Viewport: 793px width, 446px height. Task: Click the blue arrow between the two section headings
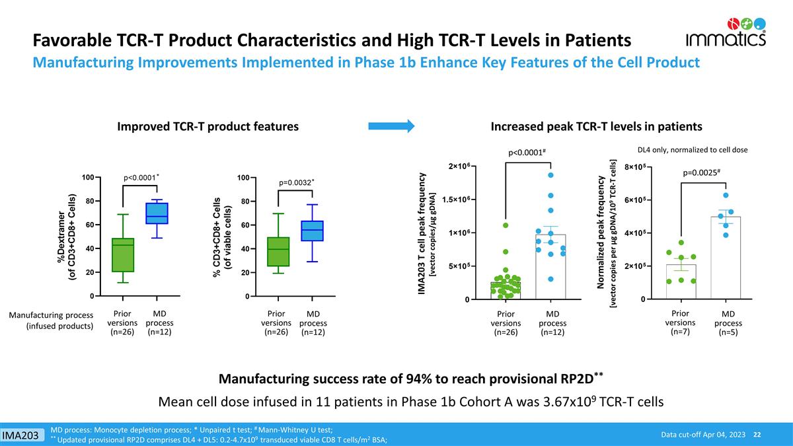(391, 126)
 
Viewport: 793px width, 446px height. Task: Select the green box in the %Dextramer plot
(123, 254)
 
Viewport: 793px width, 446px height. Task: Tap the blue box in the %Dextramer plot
(157, 213)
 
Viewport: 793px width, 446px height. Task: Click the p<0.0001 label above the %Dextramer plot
(141, 177)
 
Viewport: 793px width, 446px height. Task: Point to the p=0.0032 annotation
(296, 182)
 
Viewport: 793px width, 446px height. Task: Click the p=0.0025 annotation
(700, 172)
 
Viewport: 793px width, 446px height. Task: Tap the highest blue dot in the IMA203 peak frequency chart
(550, 175)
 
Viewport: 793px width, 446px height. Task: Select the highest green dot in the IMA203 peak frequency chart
(506, 225)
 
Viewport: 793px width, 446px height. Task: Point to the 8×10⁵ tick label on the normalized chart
(637, 167)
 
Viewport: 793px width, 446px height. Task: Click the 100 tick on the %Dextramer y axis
(87, 177)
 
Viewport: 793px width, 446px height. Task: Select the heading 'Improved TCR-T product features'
(208, 126)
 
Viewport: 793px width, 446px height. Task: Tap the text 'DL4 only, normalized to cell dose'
(692, 150)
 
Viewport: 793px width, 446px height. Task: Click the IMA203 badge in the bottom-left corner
(22, 435)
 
